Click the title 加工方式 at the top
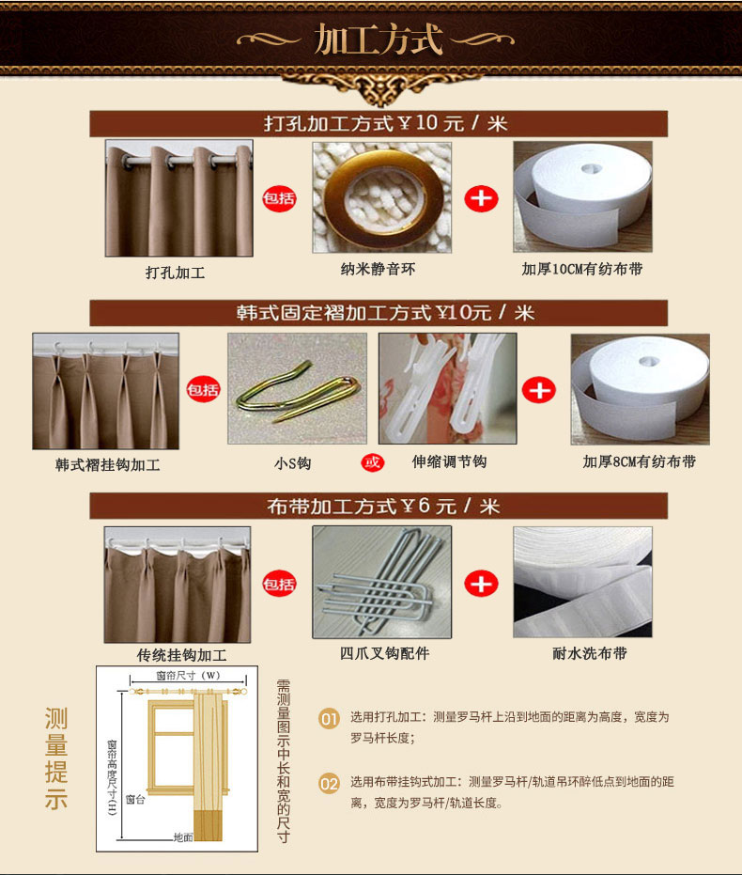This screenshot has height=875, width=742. tap(378, 39)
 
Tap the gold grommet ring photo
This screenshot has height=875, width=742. tap(382, 197)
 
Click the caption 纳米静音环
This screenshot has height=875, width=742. tap(378, 270)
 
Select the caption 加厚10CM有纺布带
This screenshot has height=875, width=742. tap(582, 270)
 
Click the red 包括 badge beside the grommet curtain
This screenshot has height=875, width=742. tap(279, 198)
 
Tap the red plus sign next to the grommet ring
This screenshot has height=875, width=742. tap(481, 198)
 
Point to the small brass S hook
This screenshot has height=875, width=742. tap(297, 389)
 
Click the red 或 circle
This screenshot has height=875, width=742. tap(372, 462)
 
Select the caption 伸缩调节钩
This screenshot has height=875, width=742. tap(449, 461)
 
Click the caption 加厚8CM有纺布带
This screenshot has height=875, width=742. tap(640, 461)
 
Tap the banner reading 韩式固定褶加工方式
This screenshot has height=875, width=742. tap(379, 313)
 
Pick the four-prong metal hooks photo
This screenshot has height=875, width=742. tap(382, 582)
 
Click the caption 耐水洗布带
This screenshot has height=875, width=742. tap(590, 653)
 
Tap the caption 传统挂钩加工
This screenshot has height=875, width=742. tap(181, 655)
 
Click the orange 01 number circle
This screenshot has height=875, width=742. tap(329, 719)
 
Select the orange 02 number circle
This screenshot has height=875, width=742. tap(329, 784)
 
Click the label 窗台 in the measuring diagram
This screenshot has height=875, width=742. tap(135, 800)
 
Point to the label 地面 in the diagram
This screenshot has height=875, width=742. tap(183, 837)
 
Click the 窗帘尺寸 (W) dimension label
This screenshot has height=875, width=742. tap(188, 675)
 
